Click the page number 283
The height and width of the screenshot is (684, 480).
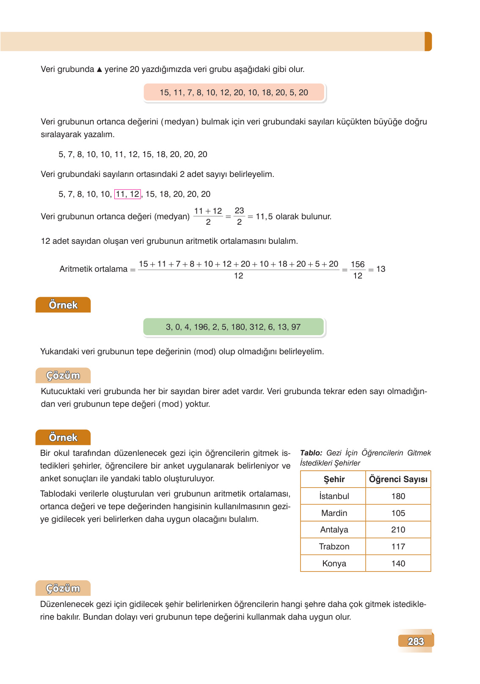(x=415, y=641)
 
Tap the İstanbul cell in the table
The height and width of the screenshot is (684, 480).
(x=334, y=496)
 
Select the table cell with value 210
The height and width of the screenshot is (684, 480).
(x=398, y=530)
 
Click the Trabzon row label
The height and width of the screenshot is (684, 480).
(x=334, y=546)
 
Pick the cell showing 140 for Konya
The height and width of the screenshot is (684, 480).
(x=398, y=563)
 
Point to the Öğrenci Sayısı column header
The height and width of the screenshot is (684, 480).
(x=398, y=479)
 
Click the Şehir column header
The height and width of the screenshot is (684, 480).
(x=334, y=479)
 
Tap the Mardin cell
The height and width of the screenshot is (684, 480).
(x=334, y=513)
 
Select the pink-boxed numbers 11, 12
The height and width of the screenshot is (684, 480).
(x=127, y=194)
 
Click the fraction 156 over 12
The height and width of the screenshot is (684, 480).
(x=357, y=270)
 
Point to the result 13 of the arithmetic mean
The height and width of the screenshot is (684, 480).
(x=381, y=269)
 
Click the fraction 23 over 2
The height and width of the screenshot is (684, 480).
(x=239, y=216)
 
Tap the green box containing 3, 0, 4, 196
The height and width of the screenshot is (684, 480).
(x=233, y=327)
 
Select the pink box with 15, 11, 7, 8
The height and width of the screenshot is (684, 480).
(x=234, y=92)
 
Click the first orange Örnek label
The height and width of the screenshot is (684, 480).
(x=63, y=305)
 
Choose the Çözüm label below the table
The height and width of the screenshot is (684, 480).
(x=63, y=588)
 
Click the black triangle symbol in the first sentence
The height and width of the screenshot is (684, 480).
(x=99, y=69)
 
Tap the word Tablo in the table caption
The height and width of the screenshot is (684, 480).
(x=311, y=453)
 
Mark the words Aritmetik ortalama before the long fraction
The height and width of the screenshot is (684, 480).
(x=93, y=269)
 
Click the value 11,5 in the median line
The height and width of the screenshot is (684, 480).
(x=264, y=217)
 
